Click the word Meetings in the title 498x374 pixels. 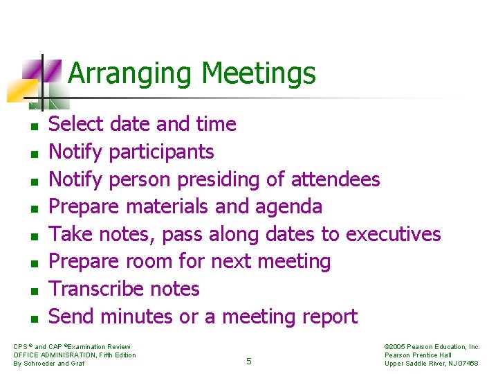[x=259, y=73]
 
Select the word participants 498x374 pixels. [x=161, y=152]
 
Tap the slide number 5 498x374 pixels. [x=249, y=360]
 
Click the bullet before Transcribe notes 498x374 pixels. [x=33, y=292]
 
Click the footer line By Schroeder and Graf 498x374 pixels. [x=49, y=364]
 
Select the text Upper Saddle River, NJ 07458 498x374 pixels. [x=432, y=364]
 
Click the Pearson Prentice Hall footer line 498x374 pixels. [x=418, y=355]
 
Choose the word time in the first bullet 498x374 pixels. [x=216, y=125]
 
